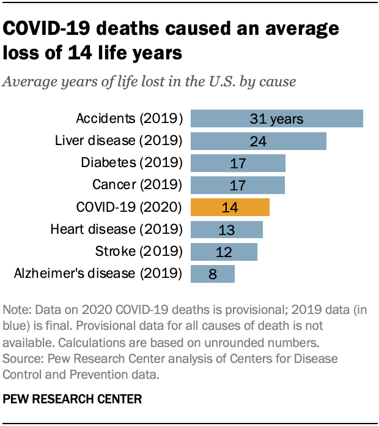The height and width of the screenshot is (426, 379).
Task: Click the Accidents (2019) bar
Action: click(x=277, y=118)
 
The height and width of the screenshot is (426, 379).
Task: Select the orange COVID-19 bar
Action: click(x=230, y=207)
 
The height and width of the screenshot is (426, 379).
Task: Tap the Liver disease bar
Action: click(x=259, y=141)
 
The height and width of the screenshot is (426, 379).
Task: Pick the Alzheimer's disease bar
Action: click(x=213, y=273)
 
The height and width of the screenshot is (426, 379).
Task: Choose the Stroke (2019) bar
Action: click(x=224, y=251)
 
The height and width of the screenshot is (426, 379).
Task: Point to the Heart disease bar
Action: click(x=227, y=229)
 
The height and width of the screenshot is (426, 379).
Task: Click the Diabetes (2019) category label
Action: click(x=132, y=162)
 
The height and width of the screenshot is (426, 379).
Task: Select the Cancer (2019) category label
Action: click(x=138, y=184)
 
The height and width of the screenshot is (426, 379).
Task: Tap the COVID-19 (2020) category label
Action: click(x=128, y=207)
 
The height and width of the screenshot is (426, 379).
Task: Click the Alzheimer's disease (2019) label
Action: click(x=98, y=273)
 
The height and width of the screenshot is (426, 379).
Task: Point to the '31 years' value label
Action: click(x=277, y=119)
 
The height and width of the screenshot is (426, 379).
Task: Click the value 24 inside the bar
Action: click(x=257, y=141)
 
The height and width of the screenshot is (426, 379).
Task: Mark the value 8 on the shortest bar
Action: click(x=213, y=274)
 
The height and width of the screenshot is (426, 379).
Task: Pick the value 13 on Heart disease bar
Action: click(x=226, y=230)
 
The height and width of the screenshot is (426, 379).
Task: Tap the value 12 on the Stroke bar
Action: click(x=224, y=252)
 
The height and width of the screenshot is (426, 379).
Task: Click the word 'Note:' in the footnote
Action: click(x=18, y=310)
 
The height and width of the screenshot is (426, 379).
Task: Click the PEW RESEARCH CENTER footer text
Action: click(x=73, y=399)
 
